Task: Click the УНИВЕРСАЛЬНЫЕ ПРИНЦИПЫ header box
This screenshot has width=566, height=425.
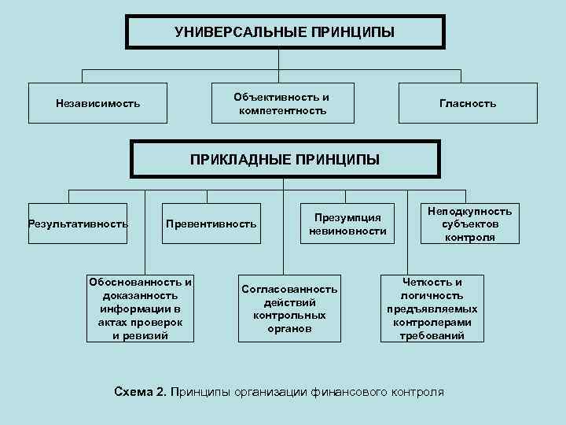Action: pyautogui.click(x=285, y=32)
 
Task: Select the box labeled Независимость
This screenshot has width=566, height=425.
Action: pyautogui.click(x=97, y=103)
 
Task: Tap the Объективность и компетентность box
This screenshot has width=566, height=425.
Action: pyautogui.click(x=282, y=103)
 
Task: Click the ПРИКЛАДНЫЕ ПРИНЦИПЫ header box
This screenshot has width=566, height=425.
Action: pyautogui.click(x=285, y=160)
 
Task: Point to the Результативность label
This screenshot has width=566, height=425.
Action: pyautogui.click(x=78, y=224)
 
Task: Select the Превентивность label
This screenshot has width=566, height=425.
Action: pyautogui.click(x=211, y=224)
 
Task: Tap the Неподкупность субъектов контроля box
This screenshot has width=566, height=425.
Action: pyautogui.click(x=469, y=224)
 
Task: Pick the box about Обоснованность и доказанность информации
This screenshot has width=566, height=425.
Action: pyautogui.click(x=141, y=309)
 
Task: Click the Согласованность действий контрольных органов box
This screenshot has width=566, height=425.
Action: pyautogui.click(x=289, y=309)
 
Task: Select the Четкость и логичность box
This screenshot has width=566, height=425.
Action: pyautogui.click(x=432, y=309)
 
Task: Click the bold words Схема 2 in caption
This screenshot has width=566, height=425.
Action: pyautogui.click(x=140, y=391)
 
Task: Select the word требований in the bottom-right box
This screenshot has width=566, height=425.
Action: pyautogui.click(x=432, y=336)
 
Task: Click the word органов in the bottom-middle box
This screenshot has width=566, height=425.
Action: pyautogui.click(x=289, y=328)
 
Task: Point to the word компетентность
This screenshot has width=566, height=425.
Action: pyautogui.click(x=282, y=111)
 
